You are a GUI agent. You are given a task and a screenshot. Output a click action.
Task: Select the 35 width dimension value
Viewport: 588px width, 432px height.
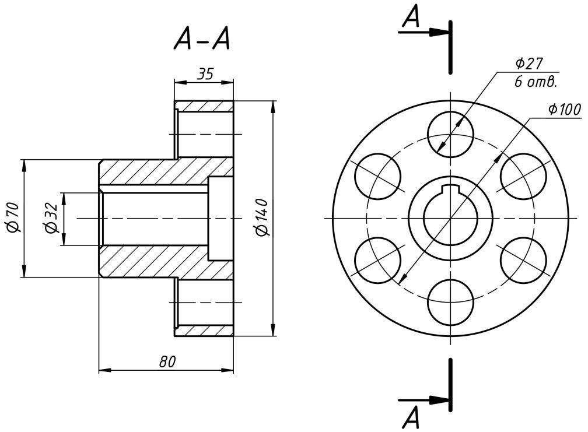[x=205, y=74]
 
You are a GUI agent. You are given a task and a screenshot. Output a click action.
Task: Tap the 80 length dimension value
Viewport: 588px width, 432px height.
[x=167, y=361]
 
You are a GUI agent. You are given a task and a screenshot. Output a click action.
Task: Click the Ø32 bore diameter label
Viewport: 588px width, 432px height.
[x=51, y=218]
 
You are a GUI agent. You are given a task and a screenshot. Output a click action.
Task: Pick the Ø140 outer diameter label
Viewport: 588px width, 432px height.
[x=262, y=217]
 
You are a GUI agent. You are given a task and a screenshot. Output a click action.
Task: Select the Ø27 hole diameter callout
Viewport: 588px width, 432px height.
[x=529, y=64]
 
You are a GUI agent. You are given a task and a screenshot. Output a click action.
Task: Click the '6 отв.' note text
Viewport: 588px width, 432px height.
[x=535, y=82]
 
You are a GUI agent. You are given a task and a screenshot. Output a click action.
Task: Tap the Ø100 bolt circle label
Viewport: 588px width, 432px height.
[x=565, y=110]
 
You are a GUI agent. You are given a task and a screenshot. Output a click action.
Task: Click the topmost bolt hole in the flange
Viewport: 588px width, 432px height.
[x=450, y=134]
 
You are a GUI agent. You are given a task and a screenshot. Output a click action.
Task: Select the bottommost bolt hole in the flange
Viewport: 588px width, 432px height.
[x=450, y=302]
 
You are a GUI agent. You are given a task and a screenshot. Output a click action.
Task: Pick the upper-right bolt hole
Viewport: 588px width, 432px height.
[x=523, y=176]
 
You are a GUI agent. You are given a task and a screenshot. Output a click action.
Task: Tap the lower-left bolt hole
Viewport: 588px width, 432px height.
[x=377, y=260]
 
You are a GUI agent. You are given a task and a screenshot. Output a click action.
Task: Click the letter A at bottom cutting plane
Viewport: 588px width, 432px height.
[x=411, y=417]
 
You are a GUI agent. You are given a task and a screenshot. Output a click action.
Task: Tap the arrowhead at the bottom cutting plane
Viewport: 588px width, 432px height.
[x=439, y=400]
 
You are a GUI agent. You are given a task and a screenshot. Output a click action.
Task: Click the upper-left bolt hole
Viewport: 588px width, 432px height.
[x=377, y=176]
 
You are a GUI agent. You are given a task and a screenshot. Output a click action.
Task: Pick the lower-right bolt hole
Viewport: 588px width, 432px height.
[x=523, y=260]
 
